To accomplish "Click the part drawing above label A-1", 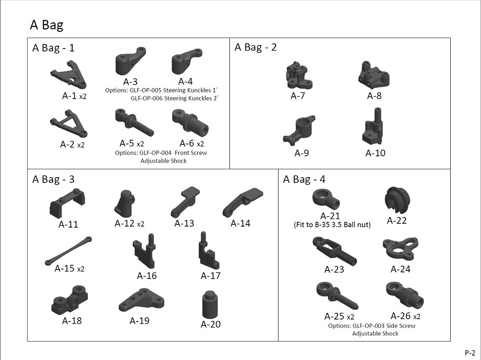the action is coord(69,75).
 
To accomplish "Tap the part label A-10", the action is coord(375,153).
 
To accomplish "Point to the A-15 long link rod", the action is coord(68,251).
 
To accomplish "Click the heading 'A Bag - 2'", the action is coord(255,47).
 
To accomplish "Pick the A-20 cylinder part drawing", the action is coord(211,305).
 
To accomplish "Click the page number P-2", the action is coord(470,353).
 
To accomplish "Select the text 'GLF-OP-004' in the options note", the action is coord(155,153).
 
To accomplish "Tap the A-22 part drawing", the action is coord(397,199).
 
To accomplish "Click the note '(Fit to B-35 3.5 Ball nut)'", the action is coord(332,225).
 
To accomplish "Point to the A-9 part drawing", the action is coord(299,130).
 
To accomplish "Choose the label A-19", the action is coord(139,321).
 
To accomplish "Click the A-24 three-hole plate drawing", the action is coord(400,249).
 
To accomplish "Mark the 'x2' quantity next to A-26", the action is coord(417,317).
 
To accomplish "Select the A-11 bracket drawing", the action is coord(67,204).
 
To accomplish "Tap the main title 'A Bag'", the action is coord(47,25).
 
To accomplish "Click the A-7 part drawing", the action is coord(299,76).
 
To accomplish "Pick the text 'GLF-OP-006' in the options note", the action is coord(147,99).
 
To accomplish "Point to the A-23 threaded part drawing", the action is coord(334,251).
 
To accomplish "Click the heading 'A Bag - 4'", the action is coord(304,179).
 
